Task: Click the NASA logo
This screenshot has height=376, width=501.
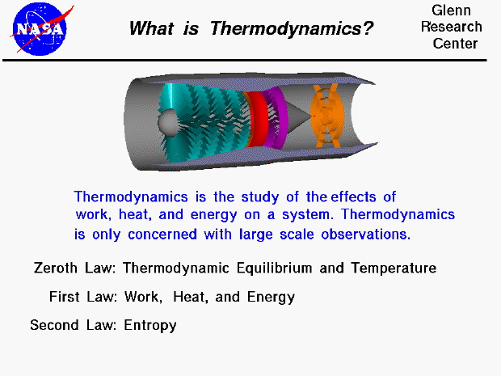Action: [37, 28]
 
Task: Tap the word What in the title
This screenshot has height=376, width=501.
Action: [154, 30]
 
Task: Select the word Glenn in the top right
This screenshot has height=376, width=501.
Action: [450, 11]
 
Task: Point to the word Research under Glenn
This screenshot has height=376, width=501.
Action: [451, 27]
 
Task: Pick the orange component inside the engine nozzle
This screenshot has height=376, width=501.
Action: [328, 116]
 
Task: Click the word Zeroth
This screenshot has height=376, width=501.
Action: [56, 268]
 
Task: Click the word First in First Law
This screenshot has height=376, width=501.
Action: [65, 297]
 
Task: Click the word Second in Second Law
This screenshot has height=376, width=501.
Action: [53, 326]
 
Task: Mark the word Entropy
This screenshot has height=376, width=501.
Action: [150, 326]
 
